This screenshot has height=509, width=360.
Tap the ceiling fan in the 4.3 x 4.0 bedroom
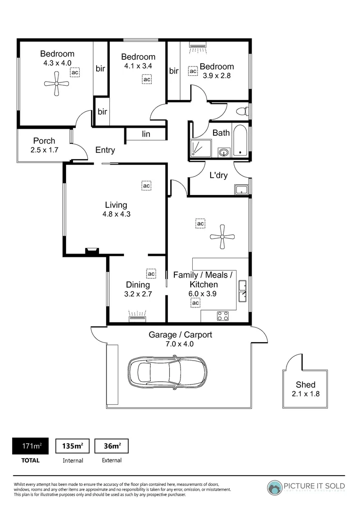pyautogui.click(x=57, y=84)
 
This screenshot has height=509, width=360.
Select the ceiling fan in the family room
pyautogui.click(x=223, y=237)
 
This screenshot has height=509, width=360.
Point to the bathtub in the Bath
pyautogui.click(x=241, y=140)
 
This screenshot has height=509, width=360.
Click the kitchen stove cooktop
pyautogui.click(x=223, y=316)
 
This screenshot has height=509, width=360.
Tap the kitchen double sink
pyautogui.click(x=243, y=291)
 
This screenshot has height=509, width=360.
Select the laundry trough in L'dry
pyautogui.click(x=241, y=190)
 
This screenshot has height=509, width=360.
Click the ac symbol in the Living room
pyautogui.click(x=146, y=186)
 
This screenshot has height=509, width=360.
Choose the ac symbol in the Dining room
pyautogui.click(x=151, y=273)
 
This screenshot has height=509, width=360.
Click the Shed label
pyautogui.click(x=305, y=385)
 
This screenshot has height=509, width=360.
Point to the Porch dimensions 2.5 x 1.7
pyautogui.click(x=44, y=150)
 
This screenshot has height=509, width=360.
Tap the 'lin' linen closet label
pyautogui.click(x=146, y=134)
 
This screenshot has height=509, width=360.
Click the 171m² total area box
pyautogui.click(x=30, y=446)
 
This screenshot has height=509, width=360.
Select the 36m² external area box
pyautogui.click(x=112, y=446)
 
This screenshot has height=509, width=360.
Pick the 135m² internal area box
pyautogui.click(x=73, y=446)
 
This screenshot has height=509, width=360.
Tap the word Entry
pyautogui.click(x=105, y=150)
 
